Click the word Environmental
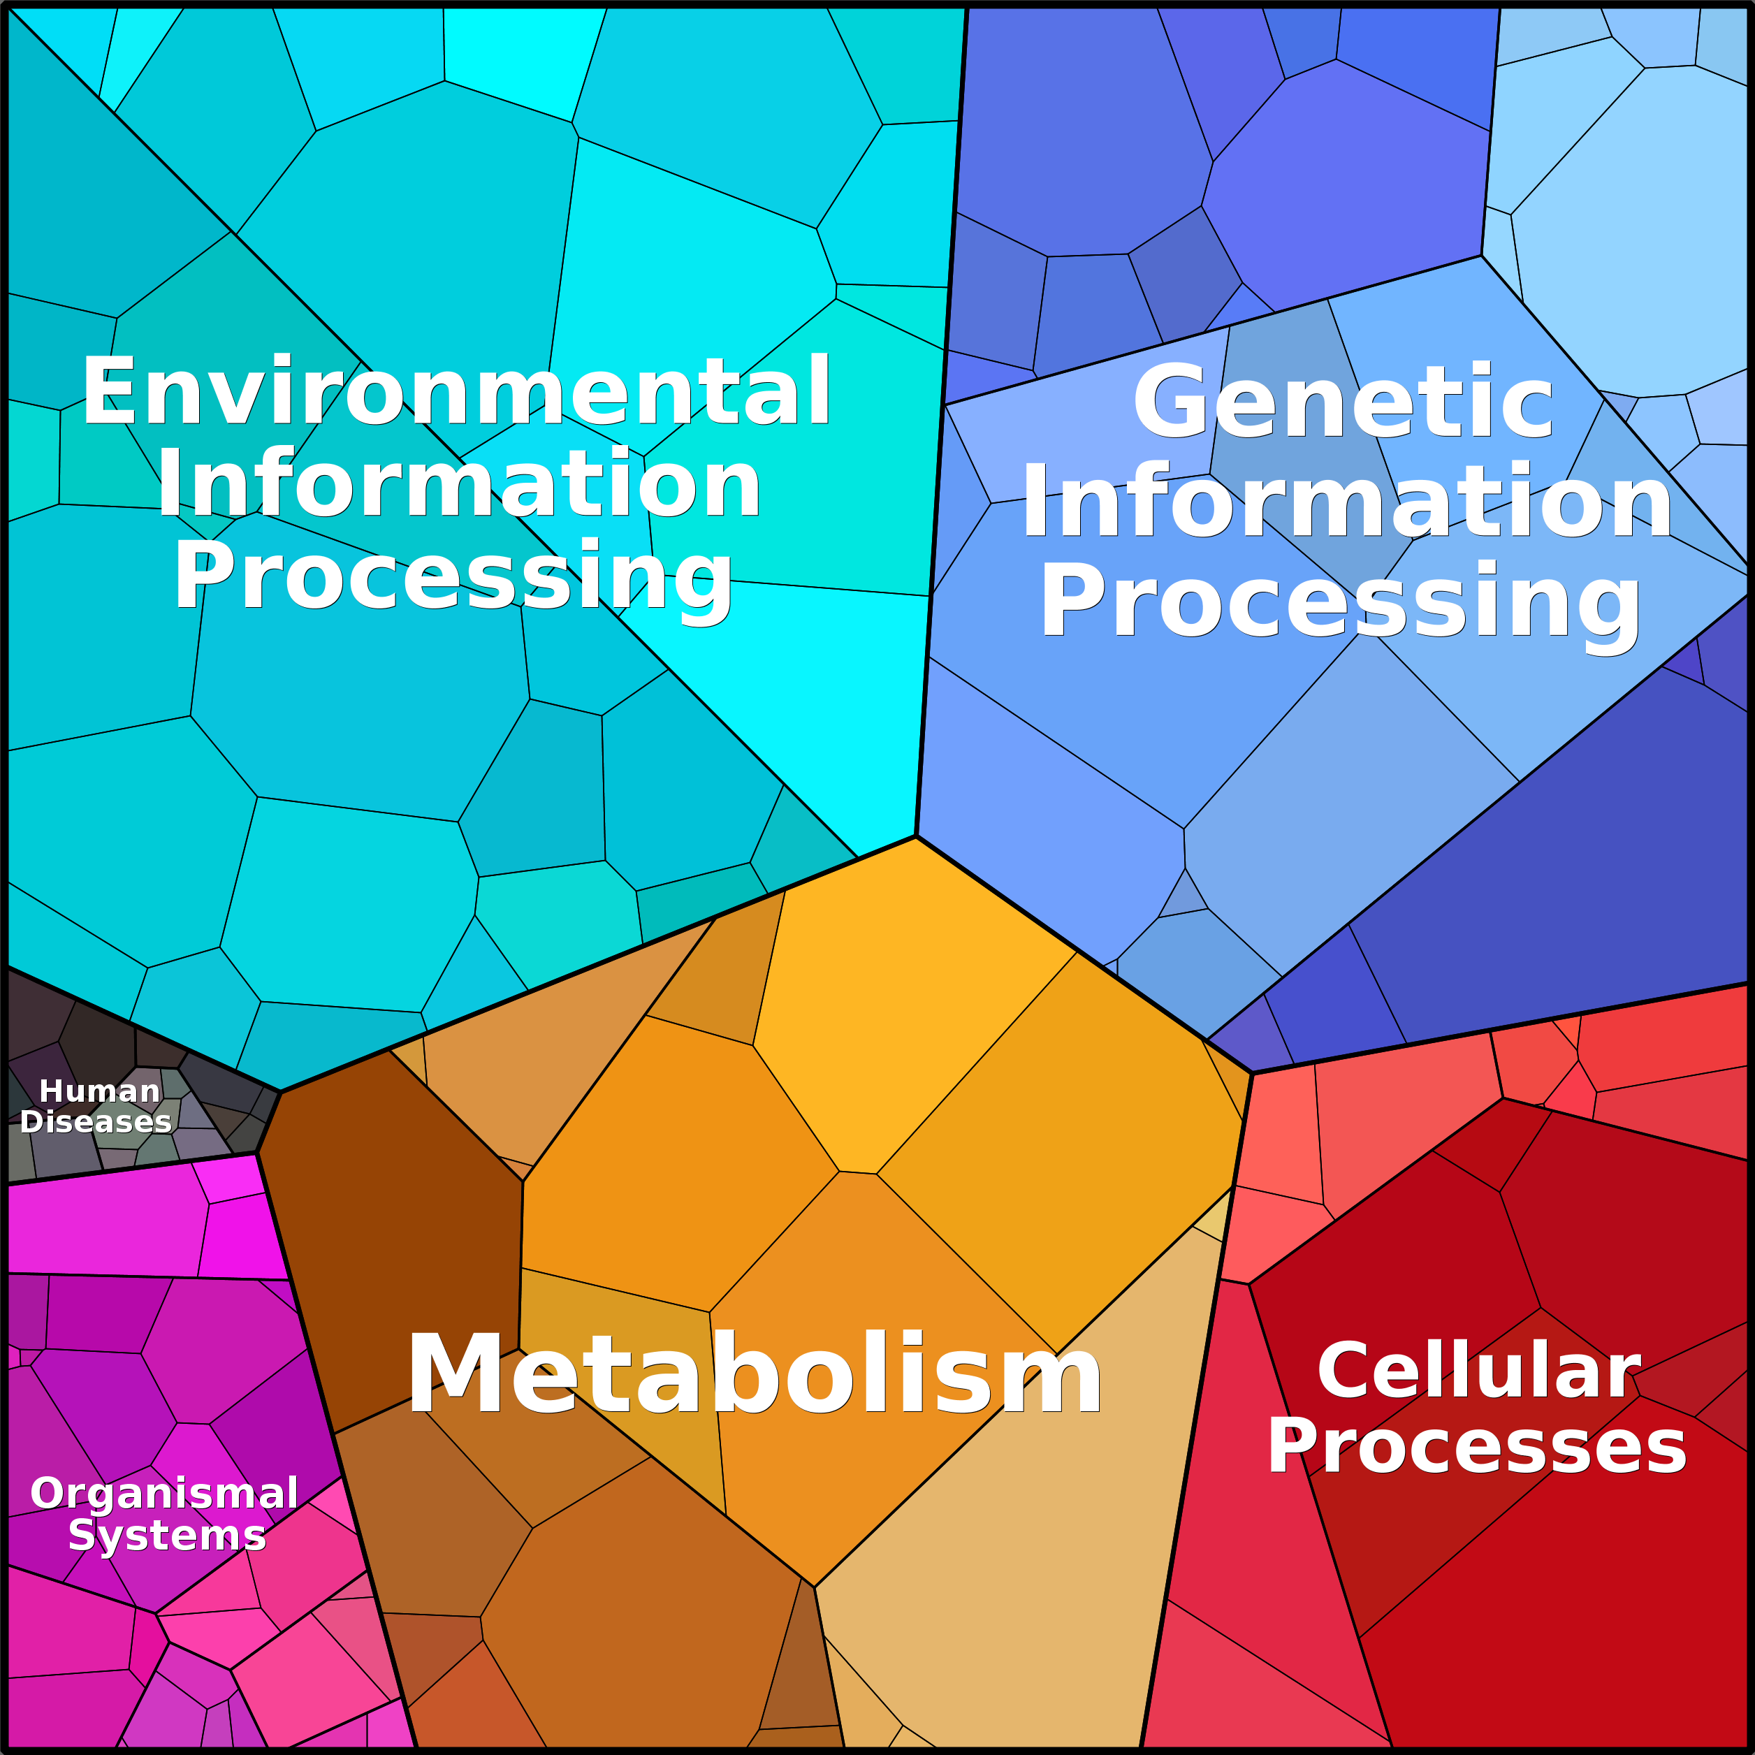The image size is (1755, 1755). coord(456,391)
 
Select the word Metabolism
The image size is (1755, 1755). coord(754,1374)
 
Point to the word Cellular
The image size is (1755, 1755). coord(1479,1371)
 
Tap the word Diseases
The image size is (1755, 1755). coord(96,1122)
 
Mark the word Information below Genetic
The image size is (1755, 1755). coord(1347,500)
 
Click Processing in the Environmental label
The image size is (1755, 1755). coord(453,578)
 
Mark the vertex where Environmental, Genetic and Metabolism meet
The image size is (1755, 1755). coord(916,836)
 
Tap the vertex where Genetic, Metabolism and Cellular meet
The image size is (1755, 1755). coord(1253,1074)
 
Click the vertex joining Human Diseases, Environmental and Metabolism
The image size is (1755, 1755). coord(281,1092)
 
